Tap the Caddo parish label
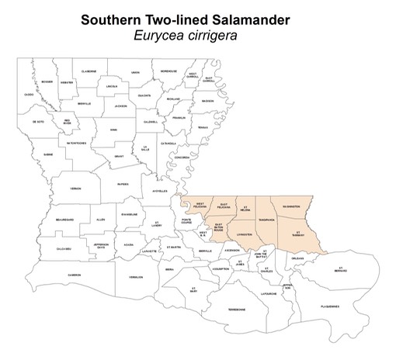coord(29,95)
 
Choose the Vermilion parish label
coord(136,276)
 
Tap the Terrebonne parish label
coord(236,310)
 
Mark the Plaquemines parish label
coord(328,306)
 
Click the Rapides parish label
coord(123,184)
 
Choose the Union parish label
coord(135,71)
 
